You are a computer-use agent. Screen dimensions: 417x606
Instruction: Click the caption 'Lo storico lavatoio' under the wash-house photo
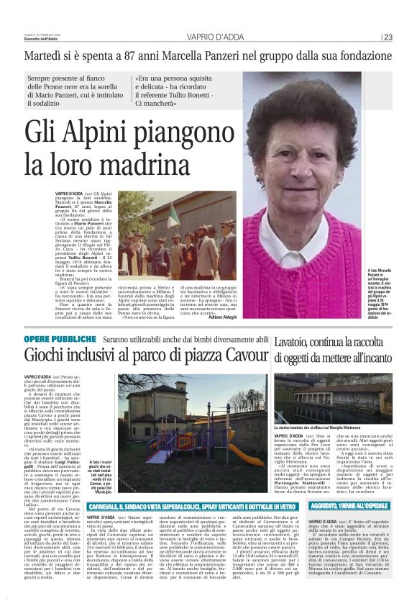tap(331, 428)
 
